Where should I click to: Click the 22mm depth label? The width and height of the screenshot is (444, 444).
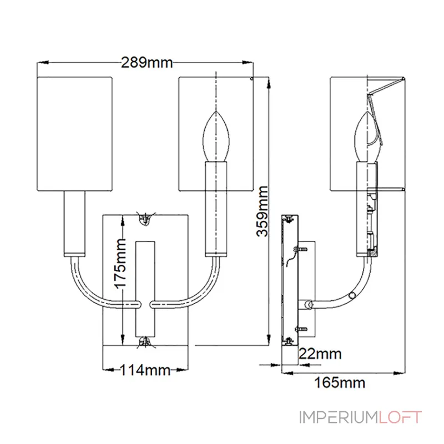[320, 354]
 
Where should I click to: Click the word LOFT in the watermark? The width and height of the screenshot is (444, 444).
[401, 417]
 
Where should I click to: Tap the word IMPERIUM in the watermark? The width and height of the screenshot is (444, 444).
[339, 417]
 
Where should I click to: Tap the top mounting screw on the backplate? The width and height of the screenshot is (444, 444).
[145, 219]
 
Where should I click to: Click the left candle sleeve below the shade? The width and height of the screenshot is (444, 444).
[74, 222]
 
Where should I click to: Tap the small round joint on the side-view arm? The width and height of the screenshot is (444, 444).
[352, 295]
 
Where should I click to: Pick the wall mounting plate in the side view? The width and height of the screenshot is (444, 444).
[290, 280]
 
